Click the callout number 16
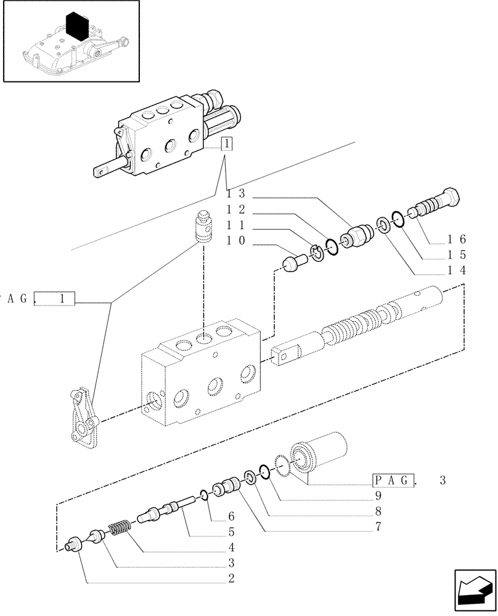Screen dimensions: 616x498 [x=457, y=240]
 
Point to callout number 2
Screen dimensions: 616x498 [x=231, y=578]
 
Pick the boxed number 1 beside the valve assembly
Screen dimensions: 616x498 [x=227, y=145]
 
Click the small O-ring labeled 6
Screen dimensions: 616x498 [x=203, y=493]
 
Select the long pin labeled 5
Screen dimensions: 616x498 [x=163, y=511]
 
